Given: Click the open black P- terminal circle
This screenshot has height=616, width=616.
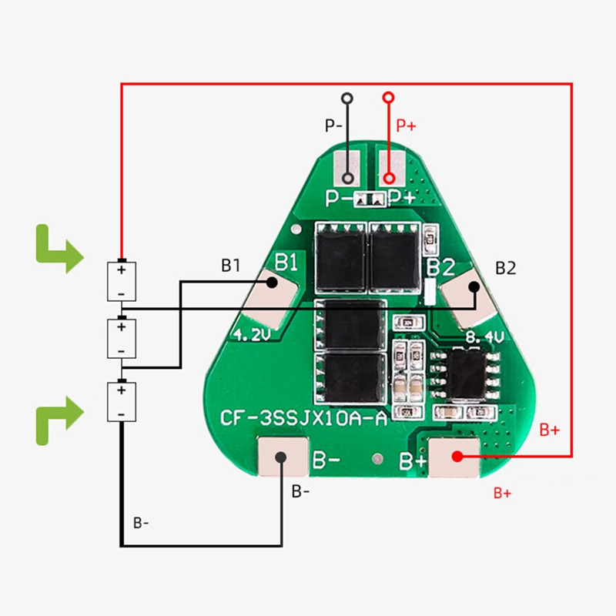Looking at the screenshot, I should [348, 98].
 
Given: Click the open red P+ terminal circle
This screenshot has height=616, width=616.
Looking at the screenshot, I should [389, 98].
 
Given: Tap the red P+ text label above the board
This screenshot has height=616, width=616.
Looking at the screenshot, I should [406, 126].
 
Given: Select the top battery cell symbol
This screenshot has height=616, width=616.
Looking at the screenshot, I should [121, 281].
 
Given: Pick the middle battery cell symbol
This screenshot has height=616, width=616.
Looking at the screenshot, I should [121, 338].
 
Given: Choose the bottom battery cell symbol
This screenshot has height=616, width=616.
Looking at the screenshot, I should [121, 401].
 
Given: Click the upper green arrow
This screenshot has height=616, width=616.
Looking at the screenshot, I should [58, 249].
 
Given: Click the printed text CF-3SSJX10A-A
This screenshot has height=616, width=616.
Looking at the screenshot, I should [303, 419].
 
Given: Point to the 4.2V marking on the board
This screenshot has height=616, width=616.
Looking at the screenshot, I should [249, 335].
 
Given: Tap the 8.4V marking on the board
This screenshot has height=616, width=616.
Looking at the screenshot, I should [485, 336].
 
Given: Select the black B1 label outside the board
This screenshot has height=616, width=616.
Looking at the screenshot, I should [231, 266].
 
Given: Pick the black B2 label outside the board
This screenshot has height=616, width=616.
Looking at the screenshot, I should [505, 268].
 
